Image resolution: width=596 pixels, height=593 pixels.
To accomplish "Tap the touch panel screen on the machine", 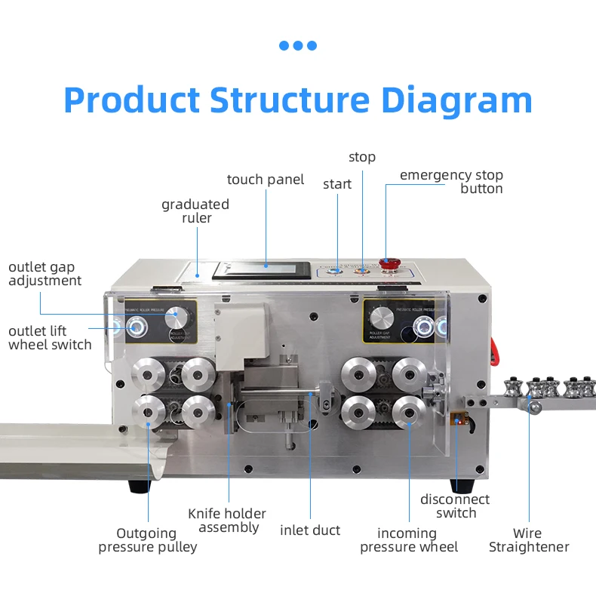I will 262,269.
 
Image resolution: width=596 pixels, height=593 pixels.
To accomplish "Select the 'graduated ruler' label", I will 195,211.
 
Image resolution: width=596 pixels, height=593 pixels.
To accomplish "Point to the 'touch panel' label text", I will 266,180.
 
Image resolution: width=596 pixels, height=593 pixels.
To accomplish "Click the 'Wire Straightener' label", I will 529,540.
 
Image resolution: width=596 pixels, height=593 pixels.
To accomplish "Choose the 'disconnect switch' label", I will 455,506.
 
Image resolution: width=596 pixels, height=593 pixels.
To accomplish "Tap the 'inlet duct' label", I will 310,530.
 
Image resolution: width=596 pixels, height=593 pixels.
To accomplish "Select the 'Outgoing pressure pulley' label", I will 147,540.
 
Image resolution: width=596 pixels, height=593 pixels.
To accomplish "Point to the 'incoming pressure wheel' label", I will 408,540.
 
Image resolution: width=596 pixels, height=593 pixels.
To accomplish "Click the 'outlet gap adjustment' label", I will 45,274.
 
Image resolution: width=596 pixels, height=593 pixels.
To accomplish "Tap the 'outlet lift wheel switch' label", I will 50,338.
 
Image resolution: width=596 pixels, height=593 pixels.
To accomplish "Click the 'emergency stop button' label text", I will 451,182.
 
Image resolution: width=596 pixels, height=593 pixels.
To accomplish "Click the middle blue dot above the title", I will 298,45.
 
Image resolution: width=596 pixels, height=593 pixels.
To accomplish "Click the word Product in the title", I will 132,100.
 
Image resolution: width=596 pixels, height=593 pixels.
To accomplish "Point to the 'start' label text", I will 337,184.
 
